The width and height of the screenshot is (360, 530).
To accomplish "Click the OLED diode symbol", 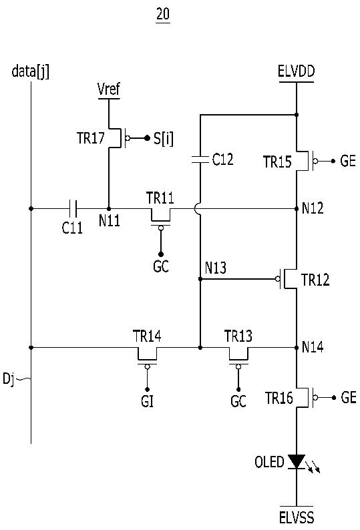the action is coord(297,462).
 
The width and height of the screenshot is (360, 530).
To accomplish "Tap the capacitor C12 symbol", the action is coord(200,160).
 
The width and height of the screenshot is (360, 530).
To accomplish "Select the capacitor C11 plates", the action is coord(73,208).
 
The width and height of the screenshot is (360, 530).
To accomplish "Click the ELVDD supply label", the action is coord(297,71).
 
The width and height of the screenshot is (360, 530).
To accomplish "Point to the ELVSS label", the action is coord(297,517).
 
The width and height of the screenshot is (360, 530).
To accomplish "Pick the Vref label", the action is coord(109,89).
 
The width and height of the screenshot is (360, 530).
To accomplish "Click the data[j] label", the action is coord(31,71).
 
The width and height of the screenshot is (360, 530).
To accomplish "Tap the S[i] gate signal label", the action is coord(164,139).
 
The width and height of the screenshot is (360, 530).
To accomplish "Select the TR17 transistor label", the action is coord(91,138).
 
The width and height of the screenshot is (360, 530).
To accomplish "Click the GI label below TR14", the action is coord(147,402).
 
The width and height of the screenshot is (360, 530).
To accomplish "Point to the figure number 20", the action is coord(163,14).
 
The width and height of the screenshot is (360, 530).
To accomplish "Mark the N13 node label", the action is coord(216,268).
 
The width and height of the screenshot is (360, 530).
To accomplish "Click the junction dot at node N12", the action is coord(297,208).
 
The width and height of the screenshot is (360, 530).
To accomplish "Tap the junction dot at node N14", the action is coord(297,347).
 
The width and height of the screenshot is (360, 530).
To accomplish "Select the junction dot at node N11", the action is coord(109,208).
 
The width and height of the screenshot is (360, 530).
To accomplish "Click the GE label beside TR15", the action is coord(348,161).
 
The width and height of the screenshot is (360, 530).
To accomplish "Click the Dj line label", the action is coord(9,379).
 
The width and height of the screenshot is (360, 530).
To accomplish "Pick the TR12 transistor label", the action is coord(315,280).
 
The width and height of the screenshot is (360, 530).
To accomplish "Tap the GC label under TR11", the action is coord(161,267).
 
